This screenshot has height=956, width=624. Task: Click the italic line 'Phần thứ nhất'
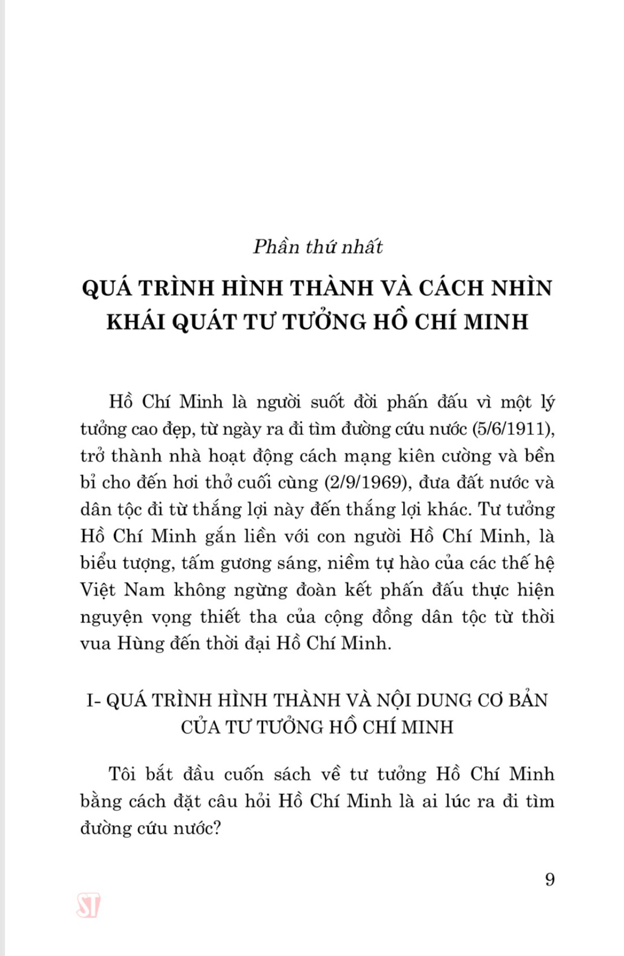[317, 247]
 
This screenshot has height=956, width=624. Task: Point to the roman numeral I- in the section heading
[96, 700]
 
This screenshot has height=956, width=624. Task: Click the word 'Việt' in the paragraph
[98, 590]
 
